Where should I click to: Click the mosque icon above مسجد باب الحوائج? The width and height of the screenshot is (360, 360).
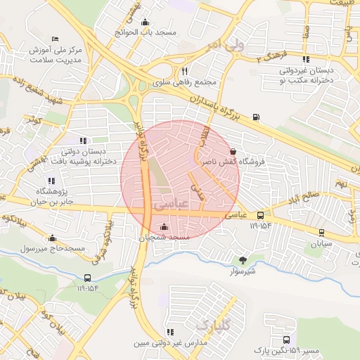tap(145, 22)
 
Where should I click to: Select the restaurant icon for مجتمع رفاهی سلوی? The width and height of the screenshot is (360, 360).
tap(184, 71)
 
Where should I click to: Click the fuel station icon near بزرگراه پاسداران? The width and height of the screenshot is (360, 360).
tap(255, 117)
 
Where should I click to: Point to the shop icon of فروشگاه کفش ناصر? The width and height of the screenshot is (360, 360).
tap(233, 151)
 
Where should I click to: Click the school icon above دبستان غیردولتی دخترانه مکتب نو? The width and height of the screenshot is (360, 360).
tap(305, 59)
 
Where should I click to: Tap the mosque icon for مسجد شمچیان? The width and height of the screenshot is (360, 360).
tap(165, 226)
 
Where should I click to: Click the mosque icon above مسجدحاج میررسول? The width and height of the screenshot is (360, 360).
tap(52, 238)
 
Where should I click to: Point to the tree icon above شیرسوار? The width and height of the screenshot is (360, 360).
tap(243, 259)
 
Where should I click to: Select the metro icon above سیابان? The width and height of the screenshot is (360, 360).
tap(322, 232)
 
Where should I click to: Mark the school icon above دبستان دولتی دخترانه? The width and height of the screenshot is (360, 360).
tap(84, 141)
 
